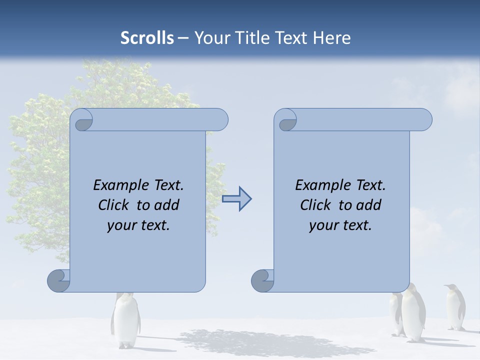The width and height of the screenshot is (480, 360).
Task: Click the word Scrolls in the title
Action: click(x=147, y=38)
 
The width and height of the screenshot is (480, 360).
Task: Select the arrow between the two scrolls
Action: click(x=237, y=199)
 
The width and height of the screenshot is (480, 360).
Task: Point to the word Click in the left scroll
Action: click(x=115, y=205)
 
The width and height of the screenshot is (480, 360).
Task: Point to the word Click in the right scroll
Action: click(x=317, y=205)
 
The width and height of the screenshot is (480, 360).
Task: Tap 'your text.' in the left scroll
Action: click(x=138, y=225)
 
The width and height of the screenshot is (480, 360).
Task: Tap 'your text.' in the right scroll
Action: click(x=340, y=225)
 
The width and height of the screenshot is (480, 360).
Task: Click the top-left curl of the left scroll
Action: click(x=82, y=120)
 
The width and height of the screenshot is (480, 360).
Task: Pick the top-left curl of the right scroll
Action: click(x=286, y=120)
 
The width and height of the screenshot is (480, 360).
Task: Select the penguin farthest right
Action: click(x=455, y=307)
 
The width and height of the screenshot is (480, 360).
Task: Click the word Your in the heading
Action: click(x=212, y=38)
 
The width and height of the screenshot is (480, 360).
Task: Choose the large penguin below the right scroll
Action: click(x=413, y=312)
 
